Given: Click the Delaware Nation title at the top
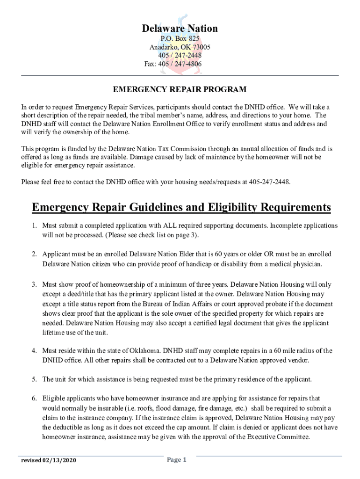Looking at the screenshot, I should (180, 29).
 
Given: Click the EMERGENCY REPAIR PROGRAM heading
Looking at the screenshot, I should (180, 89).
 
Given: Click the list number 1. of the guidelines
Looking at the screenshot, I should (35, 225).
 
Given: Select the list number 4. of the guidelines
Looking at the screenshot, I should (35, 350).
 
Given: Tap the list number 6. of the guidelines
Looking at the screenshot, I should (35, 399).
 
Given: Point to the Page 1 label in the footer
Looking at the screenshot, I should (177, 460).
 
